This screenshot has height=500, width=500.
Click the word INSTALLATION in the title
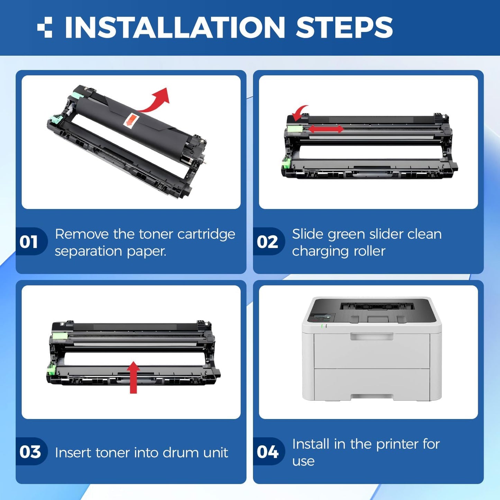(x=174, y=27)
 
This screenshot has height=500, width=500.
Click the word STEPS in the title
(x=344, y=27)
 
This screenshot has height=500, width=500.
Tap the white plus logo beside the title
(x=45, y=27)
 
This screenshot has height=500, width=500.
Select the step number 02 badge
(x=267, y=242)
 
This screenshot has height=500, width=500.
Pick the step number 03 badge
(x=30, y=452)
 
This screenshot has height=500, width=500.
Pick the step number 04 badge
(x=267, y=452)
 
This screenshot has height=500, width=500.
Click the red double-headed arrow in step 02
(x=326, y=129)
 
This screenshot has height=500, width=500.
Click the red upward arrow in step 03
(x=133, y=378)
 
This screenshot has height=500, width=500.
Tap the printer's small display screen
(x=322, y=317)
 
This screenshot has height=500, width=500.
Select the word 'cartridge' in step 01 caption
(x=206, y=234)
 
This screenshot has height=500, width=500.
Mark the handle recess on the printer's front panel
(x=372, y=336)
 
